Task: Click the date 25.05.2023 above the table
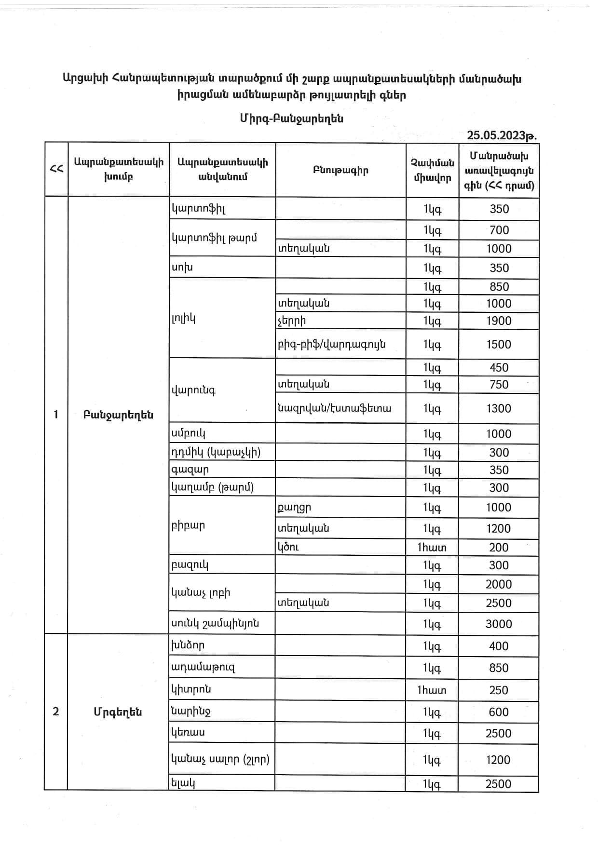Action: click(x=502, y=135)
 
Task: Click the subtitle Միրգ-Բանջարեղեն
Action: click(x=292, y=119)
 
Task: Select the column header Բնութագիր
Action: click(x=340, y=170)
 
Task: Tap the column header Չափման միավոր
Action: click(x=432, y=170)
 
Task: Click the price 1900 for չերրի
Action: click(x=499, y=321)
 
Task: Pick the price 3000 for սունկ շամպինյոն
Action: click(x=499, y=624)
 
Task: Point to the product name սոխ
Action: click(x=182, y=268)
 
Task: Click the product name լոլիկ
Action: click(x=183, y=318)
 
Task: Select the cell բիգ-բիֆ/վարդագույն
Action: click(x=331, y=344)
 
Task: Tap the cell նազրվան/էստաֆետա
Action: click(x=334, y=408)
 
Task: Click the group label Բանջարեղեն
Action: click(x=118, y=415)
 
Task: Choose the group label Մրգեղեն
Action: click(x=118, y=712)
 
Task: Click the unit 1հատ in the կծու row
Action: click(x=432, y=547)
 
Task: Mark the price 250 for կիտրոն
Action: click(x=499, y=690)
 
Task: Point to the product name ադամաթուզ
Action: click(x=203, y=668)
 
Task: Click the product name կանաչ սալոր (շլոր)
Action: click(x=220, y=760)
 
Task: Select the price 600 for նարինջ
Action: click(x=499, y=712)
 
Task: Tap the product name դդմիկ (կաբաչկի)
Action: click(x=216, y=452)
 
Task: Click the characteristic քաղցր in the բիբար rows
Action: click(x=294, y=508)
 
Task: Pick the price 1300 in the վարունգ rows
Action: click(x=499, y=408)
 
